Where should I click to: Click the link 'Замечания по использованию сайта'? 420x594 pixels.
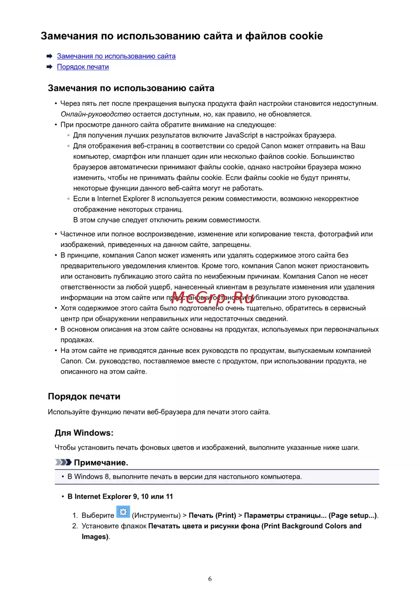[116, 56]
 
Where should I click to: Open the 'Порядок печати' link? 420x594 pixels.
[83, 67]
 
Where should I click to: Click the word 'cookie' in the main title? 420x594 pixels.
[305, 36]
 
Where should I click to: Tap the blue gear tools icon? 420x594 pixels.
[123, 512]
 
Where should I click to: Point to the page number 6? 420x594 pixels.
[210, 579]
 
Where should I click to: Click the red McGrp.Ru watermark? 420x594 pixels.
[213, 297]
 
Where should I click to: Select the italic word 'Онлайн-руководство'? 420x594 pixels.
[95, 114]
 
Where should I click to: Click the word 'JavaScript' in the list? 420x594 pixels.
[241, 135]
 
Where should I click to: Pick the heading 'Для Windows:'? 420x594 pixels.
[84, 433]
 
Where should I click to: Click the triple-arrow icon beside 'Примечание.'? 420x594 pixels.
[63, 463]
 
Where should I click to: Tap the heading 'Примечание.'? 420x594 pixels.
[101, 463]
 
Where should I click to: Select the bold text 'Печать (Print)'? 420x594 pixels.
[212, 515]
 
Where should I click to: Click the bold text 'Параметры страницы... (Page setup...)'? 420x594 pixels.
[310, 515]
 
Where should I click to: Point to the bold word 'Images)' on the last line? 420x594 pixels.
[95, 537]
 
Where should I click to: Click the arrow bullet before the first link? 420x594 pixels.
[50, 56]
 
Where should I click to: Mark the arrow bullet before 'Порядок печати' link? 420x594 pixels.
[50, 67]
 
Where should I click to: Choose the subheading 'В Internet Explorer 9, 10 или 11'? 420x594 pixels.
[120, 497]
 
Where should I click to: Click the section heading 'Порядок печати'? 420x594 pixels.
[84, 397]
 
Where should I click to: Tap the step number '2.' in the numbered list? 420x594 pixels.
[75, 526]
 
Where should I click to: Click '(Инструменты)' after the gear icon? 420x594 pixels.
[156, 515]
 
